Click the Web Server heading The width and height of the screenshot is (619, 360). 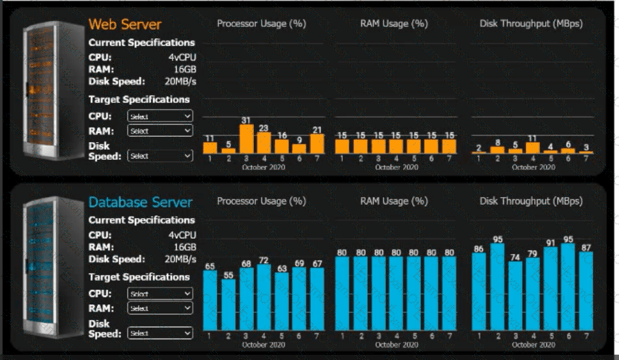[x=125, y=24]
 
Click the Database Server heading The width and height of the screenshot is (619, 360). [x=141, y=202]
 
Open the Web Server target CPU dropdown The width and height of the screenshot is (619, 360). [x=160, y=116]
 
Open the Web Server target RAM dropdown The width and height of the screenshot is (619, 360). [x=160, y=130]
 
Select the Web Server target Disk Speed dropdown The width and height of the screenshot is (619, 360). [x=160, y=156]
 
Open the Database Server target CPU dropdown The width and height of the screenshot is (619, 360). [x=160, y=294]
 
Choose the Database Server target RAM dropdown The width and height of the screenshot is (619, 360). [x=160, y=308]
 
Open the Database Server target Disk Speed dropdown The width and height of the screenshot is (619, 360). [x=160, y=333]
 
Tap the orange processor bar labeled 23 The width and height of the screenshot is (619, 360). [x=264, y=143]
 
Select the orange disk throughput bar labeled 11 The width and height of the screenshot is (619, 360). [x=533, y=148]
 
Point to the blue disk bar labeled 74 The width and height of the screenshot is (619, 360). [x=515, y=295]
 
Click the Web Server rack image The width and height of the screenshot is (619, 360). [x=47, y=92]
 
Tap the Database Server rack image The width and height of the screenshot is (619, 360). [x=47, y=268]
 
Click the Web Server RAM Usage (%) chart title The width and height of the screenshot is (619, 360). [x=394, y=24]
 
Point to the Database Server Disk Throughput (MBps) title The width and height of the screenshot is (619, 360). [x=531, y=201]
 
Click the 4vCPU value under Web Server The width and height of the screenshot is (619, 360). [x=182, y=57]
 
